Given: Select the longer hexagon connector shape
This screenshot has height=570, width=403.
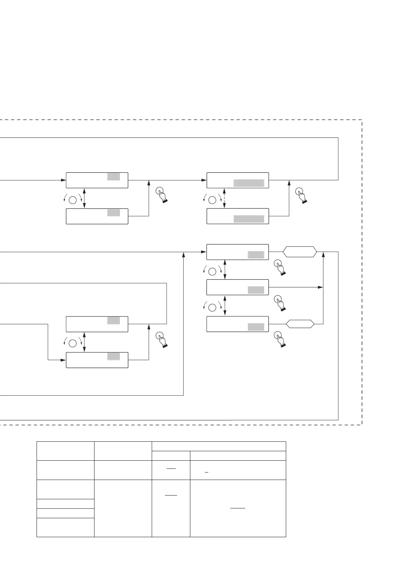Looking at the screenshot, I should pos(300,252).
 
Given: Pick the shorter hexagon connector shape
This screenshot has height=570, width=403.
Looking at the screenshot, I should pos(300,324).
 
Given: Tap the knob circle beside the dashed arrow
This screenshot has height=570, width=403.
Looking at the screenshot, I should pos(212,200).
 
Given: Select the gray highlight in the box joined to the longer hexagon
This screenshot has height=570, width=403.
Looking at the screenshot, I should pos(256,255).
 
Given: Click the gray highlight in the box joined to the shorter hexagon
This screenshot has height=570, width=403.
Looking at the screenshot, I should pos(256,327).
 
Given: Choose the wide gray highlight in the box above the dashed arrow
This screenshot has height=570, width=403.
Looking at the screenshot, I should pos(249,183).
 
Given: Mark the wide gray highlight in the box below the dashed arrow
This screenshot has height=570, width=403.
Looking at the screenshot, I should pos(249,219).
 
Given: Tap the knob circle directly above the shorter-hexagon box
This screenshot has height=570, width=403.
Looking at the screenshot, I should pos(212,308).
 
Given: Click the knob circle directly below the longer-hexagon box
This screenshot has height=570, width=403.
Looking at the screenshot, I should pos(212,271).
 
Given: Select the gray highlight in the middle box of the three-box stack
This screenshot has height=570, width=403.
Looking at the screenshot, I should pos(256,290).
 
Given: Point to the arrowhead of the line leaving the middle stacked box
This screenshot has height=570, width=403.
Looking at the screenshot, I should pos(320,287).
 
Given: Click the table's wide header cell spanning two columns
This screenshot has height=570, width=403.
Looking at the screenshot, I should pos(219,446).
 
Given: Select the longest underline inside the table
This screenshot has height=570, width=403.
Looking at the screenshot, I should pos(238,508).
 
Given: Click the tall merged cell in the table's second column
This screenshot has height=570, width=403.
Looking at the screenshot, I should pos(123,508).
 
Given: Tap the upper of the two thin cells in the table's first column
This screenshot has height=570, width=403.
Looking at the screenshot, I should pos(65,503).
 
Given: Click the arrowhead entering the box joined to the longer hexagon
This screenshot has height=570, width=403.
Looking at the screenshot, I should pos(204,252).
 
